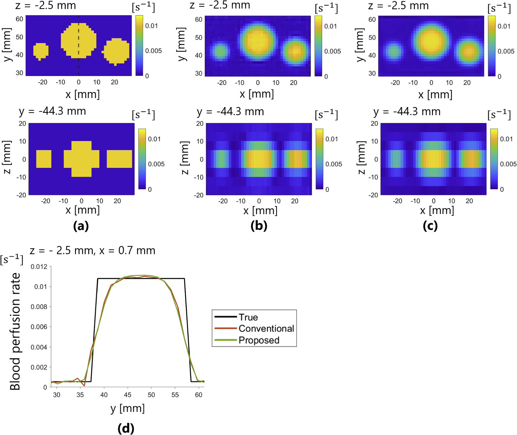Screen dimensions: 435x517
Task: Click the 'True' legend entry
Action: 248,317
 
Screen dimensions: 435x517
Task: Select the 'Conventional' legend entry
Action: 266,329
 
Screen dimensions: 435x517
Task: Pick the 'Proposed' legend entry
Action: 259,340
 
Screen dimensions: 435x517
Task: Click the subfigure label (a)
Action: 81,226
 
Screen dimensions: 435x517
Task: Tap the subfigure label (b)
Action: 259,226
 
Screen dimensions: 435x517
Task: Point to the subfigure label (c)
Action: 430,226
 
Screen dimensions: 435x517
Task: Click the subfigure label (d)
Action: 126,428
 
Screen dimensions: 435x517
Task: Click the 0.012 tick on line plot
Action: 39,267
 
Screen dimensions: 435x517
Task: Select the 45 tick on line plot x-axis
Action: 127,395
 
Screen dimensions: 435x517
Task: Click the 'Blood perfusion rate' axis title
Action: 15,331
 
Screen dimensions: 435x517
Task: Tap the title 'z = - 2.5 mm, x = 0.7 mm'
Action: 92,250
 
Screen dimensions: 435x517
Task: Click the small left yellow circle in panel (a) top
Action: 41,51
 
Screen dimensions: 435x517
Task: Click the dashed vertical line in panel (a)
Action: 79,66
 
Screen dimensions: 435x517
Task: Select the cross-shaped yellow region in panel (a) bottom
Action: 81,159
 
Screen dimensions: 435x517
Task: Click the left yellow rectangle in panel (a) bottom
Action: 44,159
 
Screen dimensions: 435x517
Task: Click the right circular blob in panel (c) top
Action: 469,51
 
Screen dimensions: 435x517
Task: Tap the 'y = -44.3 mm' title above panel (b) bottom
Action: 230,112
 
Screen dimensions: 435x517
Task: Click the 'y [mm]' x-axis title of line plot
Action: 127,408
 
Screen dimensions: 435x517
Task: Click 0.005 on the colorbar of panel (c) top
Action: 506,51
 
